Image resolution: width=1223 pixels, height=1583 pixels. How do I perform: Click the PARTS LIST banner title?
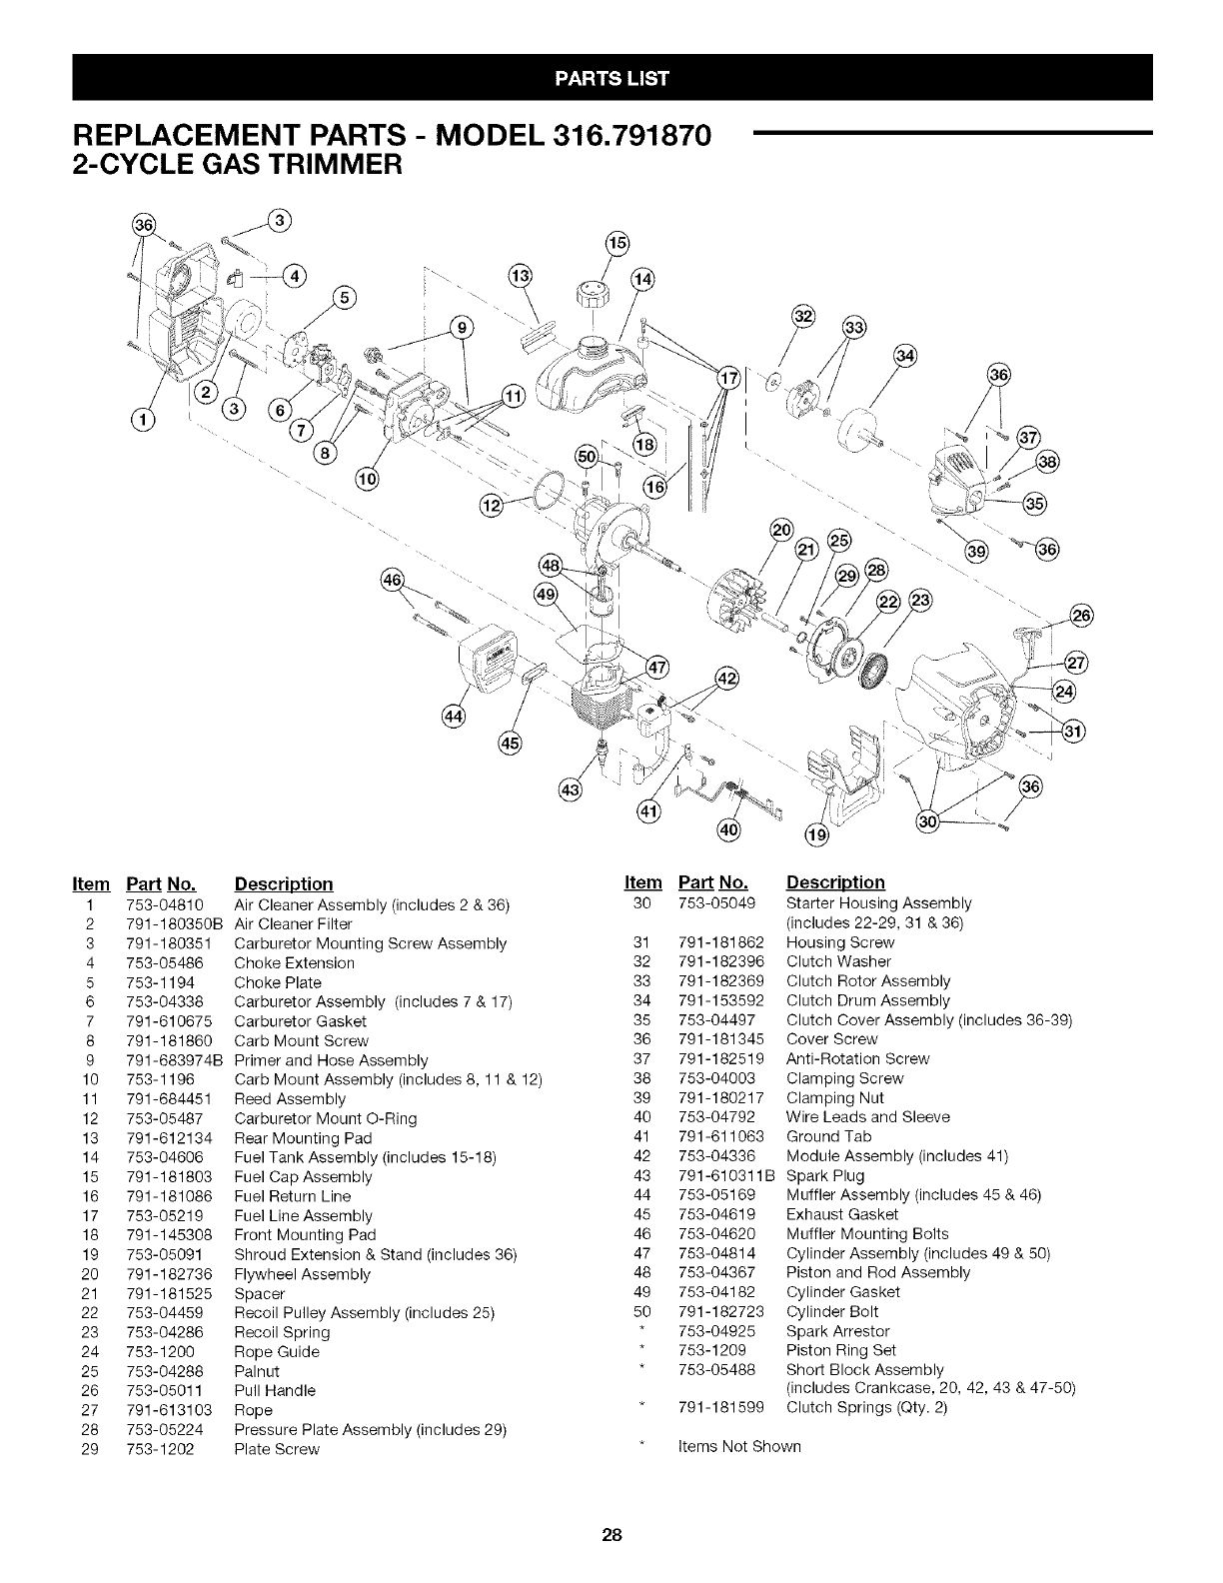pos(611,78)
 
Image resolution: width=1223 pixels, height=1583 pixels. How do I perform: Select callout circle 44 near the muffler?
pos(453,717)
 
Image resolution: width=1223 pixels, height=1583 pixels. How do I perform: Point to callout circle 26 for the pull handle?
pos(1081,615)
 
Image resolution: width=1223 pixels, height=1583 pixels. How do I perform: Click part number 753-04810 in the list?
pos(166,904)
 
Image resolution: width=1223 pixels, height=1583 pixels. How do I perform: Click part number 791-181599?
pos(720,1407)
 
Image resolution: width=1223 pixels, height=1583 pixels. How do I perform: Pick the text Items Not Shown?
pos(738,1446)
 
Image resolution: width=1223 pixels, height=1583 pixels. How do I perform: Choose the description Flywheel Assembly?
pos(302,1274)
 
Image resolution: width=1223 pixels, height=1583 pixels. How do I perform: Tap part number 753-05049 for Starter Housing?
pos(716,902)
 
